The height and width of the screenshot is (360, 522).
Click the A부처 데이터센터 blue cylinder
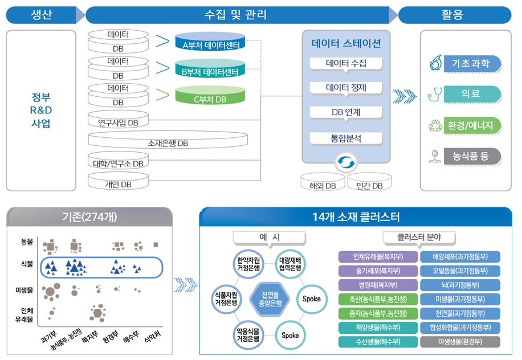210,43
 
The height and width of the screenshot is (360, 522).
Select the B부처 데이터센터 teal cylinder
210,71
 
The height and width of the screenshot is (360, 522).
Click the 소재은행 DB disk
168,142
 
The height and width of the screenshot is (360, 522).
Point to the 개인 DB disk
118,183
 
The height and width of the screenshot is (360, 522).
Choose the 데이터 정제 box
345,88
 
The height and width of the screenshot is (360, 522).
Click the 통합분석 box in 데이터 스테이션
345,138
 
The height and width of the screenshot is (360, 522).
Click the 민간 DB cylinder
369,184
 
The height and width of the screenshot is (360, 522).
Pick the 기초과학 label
471,63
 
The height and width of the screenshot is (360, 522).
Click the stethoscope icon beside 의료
435,93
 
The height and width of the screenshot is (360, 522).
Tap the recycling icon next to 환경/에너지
435,125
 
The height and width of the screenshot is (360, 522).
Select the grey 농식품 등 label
471,156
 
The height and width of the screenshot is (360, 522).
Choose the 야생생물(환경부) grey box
460,342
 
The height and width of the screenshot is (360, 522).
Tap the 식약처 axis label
150,337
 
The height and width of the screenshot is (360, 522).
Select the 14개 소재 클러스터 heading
356,216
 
